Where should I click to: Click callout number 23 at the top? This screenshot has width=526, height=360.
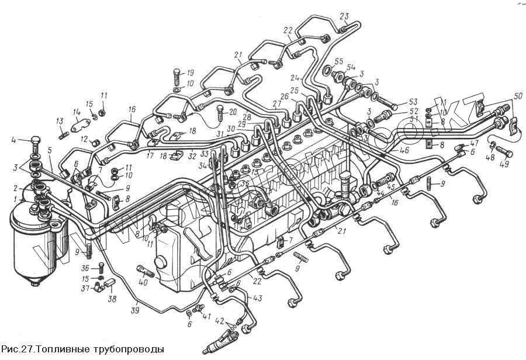pyautogui.click(x=344, y=15)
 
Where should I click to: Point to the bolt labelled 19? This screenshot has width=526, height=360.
pyautogui.click(x=177, y=75)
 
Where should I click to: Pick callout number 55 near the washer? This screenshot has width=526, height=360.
pyautogui.click(x=338, y=61)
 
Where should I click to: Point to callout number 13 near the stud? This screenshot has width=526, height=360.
pyautogui.click(x=60, y=121)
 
